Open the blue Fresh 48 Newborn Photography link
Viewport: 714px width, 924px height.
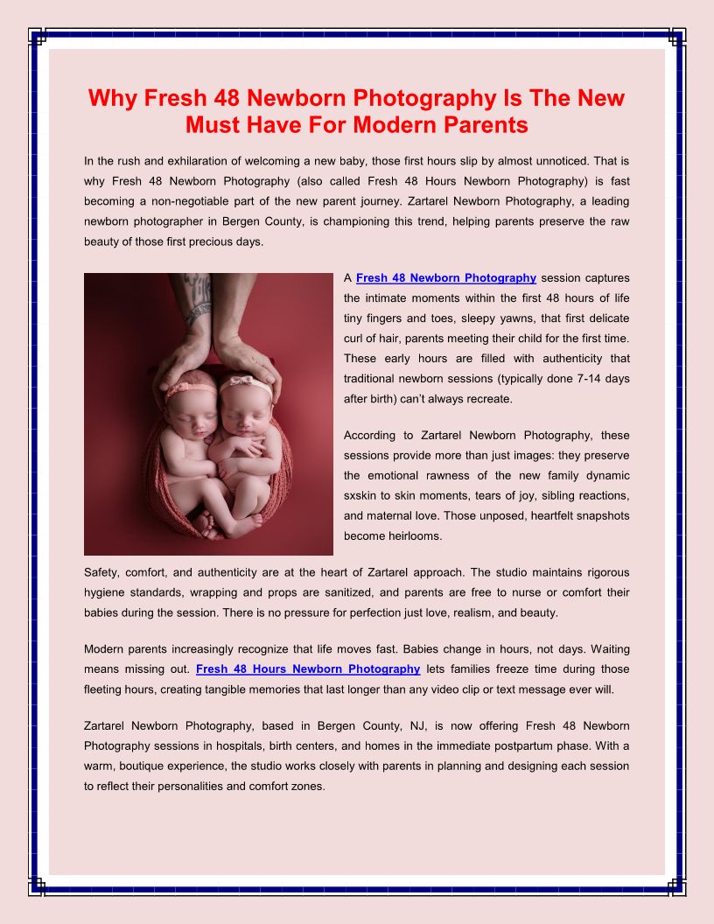point(446,278)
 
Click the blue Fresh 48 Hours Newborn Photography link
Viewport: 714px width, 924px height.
point(308,669)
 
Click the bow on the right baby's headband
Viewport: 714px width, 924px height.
point(235,381)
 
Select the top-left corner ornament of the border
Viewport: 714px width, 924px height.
point(37,36)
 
